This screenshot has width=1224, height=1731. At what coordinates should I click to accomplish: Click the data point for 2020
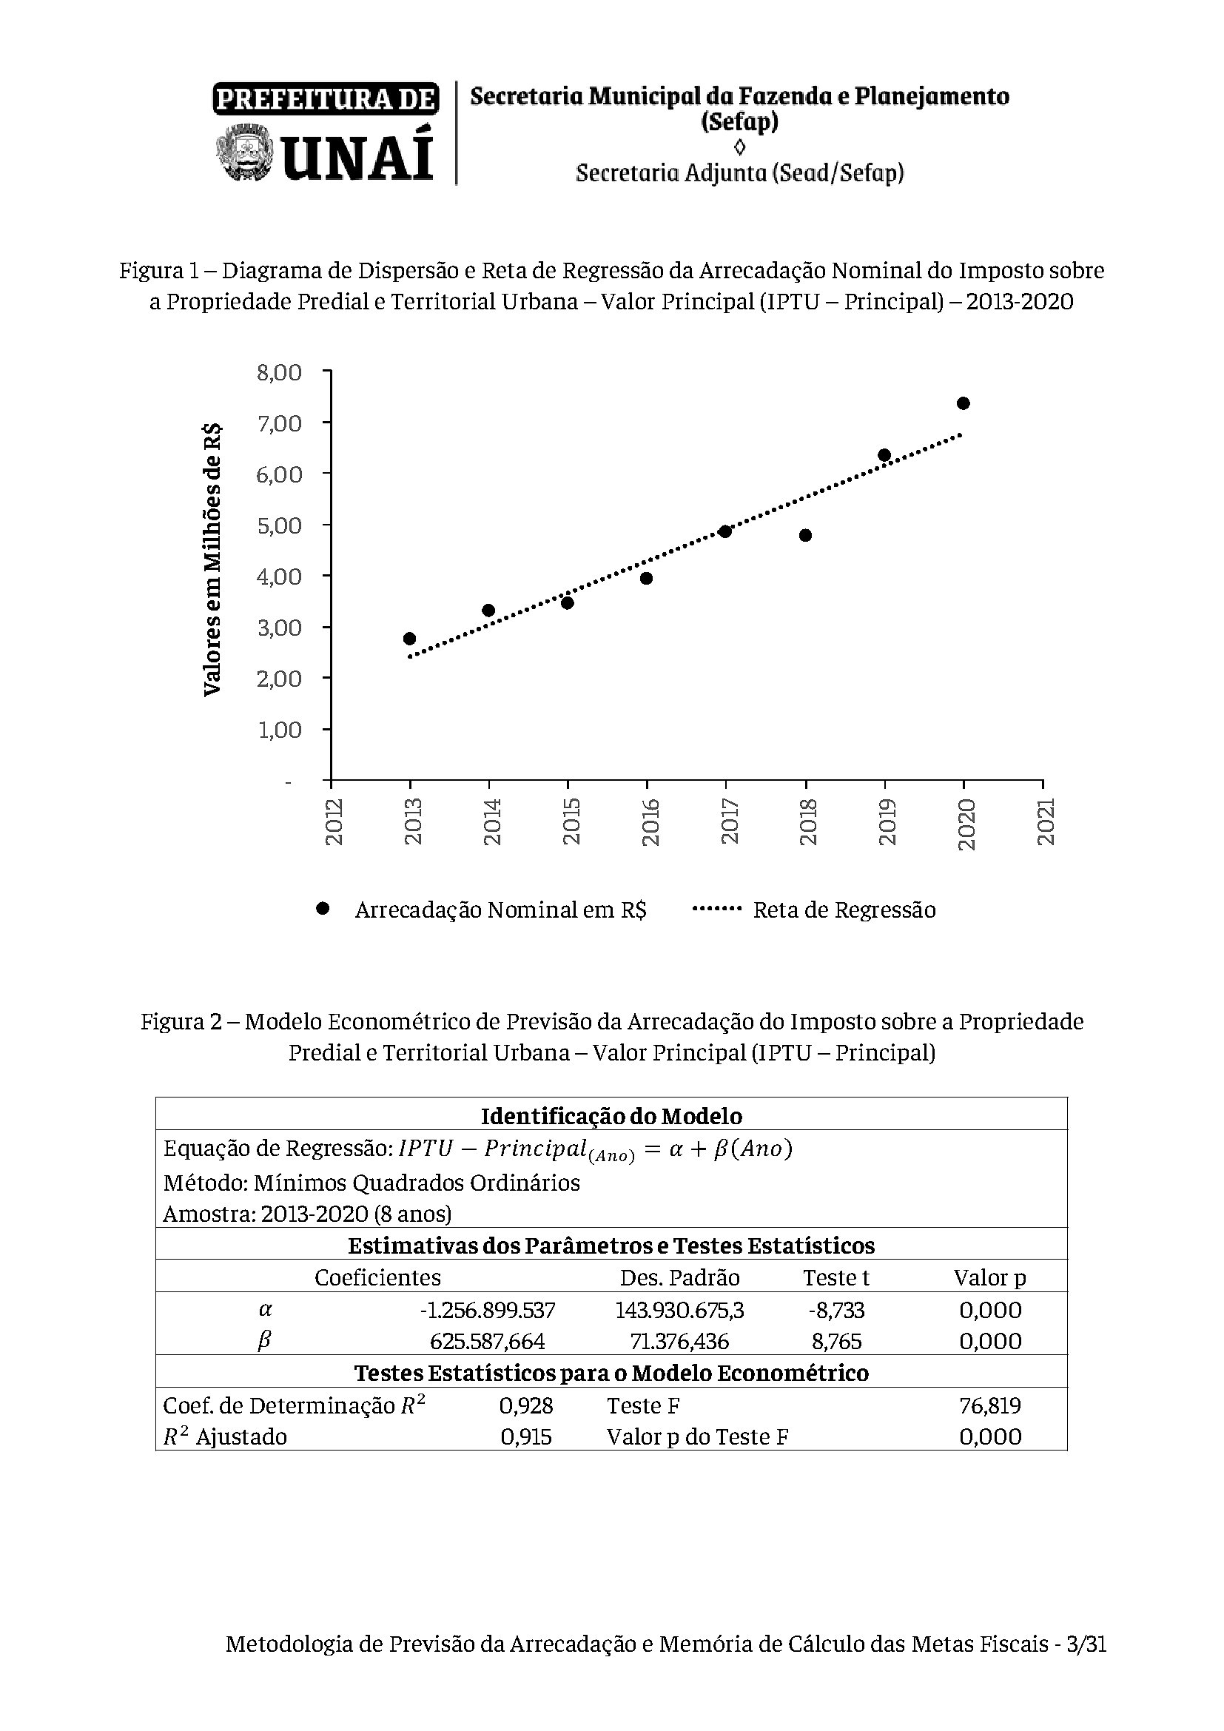pos(964,403)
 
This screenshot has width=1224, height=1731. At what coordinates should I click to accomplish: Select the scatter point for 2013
pos(410,639)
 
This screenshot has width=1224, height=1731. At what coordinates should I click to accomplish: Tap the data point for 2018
pos(805,535)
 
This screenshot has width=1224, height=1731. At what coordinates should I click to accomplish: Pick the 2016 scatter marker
pos(646,578)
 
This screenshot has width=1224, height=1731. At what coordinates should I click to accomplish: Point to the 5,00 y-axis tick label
pos(279,525)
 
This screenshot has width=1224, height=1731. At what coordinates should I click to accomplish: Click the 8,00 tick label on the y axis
pos(279,372)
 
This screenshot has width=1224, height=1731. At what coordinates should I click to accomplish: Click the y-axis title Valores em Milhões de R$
pos(212,559)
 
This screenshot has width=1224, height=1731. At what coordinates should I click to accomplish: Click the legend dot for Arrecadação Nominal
pos(323,909)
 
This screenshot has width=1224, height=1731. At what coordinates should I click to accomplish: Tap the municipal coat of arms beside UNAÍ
pos(243,154)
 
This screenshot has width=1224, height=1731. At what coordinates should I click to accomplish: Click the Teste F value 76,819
pos(989,1406)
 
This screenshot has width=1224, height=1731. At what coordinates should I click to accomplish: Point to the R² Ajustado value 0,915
pos(526,1437)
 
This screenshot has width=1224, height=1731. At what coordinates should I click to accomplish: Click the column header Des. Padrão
pos(680,1278)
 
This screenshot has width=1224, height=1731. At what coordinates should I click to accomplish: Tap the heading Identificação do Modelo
pos(611,1116)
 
